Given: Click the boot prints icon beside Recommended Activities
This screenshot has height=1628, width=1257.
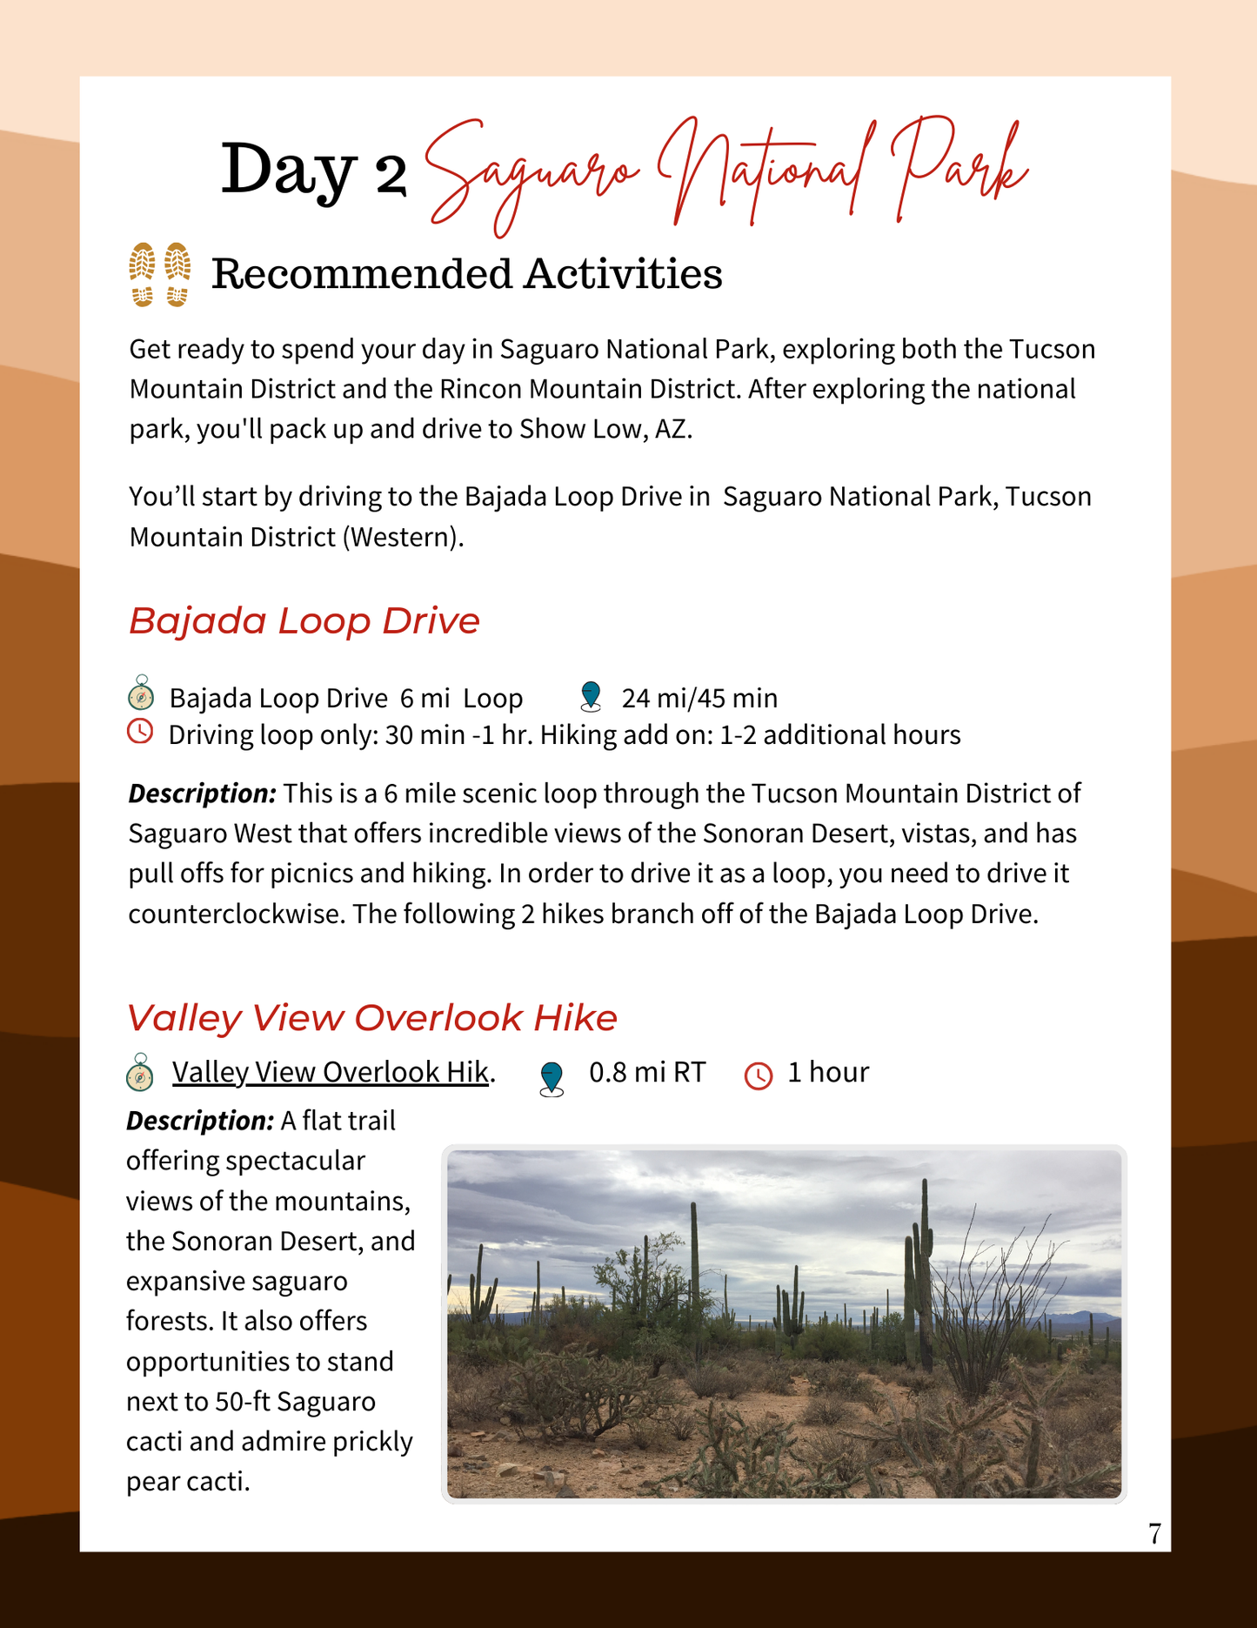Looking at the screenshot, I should tap(160, 274).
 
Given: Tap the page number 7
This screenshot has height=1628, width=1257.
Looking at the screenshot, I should tap(1154, 1533).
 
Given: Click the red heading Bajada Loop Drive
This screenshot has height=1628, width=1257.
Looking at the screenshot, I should tap(304, 621).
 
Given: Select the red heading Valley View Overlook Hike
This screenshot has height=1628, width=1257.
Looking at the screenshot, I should tap(371, 1017).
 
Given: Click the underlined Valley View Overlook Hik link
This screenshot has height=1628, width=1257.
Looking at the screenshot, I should tap(330, 1072).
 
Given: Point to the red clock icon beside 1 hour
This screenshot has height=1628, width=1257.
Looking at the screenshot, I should tap(759, 1075).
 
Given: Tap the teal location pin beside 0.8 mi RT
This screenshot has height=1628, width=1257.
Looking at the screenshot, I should tap(552, 1078).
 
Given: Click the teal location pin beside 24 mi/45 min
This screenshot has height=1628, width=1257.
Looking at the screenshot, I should tap(591, 696).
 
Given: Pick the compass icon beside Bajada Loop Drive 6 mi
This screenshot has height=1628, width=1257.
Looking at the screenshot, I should tap(141, 695).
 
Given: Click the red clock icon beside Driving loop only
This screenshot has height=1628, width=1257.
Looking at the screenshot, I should tap(140, 732).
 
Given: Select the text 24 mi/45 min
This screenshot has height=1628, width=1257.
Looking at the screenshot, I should tap(699, 698).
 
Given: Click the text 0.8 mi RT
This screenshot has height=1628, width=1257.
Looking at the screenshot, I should tap(647, 1072).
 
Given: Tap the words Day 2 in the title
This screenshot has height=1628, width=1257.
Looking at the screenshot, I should tap(313, 170).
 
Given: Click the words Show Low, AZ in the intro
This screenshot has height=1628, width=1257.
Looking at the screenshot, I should tap(605, 429).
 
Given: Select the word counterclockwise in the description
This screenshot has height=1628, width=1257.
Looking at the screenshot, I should tap(236, 914).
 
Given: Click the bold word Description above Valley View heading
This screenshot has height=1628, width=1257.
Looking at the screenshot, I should tap(202, 794).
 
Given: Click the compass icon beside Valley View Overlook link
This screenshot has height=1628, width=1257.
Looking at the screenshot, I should tap(140, 1074).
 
